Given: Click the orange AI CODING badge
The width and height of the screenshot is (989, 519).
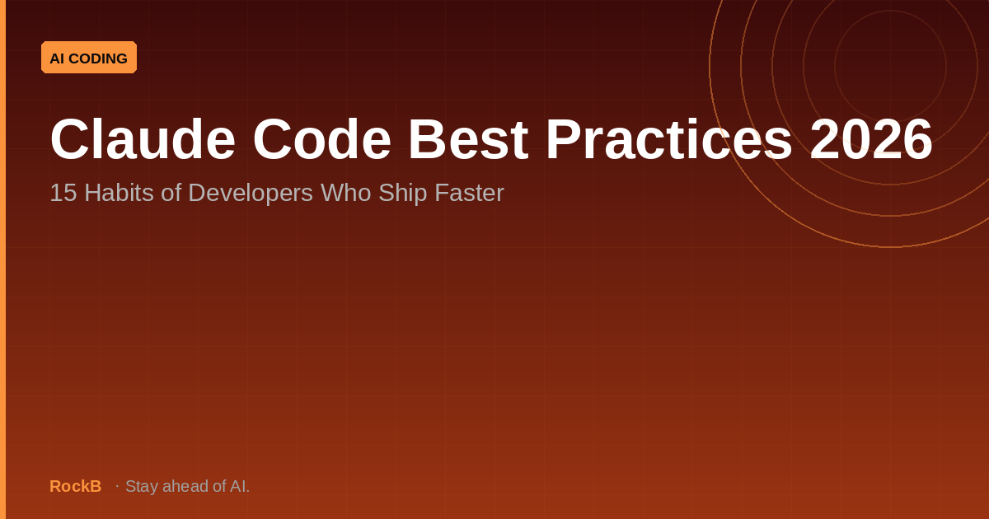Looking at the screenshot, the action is click(89, 58).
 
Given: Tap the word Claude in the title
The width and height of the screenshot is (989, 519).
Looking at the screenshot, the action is click(143, 138).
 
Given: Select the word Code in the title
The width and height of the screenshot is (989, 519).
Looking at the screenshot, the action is click(322, 138).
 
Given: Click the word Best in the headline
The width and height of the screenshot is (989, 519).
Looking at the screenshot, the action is click(468, 138).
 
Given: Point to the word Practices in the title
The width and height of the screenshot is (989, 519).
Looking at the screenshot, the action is click(669, 138).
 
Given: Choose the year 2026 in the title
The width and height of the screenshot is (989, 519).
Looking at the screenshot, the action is click(871, 138).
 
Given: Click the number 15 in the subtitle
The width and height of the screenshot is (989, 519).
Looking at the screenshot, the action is click(63, 193).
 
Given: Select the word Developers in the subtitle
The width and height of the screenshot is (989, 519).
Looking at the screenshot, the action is click(251, 194).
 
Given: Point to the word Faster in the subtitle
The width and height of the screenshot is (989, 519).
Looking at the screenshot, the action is click(469, 193).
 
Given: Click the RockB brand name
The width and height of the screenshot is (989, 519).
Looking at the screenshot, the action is click(76, 486).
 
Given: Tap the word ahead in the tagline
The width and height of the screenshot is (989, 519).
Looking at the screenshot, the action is click(185, 486).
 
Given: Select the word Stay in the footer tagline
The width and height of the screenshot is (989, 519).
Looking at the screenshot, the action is click(142, 487).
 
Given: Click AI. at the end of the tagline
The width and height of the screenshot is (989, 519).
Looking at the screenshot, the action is click(240, 486).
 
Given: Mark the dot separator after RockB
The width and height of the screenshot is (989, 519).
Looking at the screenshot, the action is click(117, 486).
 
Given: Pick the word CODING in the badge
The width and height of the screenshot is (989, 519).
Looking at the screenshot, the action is click(98, 58).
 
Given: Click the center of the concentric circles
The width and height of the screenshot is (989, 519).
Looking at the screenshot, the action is click(891, 66).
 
